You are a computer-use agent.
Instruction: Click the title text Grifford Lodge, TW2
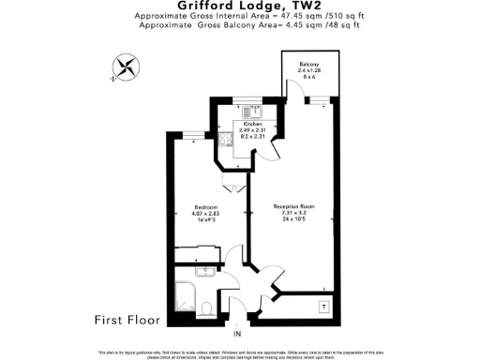pos(239,7)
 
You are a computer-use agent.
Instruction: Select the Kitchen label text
pos(252,124)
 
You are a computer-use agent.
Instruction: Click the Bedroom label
pos(206,207)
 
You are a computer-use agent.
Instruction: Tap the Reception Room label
pos(293,206)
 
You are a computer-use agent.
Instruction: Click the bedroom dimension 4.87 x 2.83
pos(206,215)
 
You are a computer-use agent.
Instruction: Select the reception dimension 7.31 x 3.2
pos(293,214)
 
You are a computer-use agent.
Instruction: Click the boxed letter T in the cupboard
pos(323,306)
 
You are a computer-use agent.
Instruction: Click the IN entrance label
pos(237,335)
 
